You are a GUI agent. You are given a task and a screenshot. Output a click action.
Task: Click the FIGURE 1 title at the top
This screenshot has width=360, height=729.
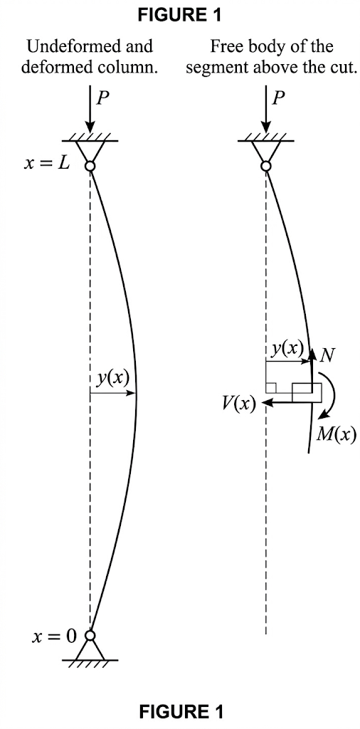coord(179,15)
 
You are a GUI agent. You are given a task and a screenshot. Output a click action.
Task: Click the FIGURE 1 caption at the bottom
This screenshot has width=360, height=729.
coord(181,711)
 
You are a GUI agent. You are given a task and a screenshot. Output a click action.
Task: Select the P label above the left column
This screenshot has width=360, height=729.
coord(104,98)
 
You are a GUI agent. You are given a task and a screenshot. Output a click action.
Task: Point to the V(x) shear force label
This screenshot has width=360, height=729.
coord(238,404)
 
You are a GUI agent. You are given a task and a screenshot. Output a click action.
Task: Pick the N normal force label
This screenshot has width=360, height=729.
coord(327,354)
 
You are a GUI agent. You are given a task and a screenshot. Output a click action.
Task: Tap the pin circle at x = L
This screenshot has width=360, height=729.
coord(90,166)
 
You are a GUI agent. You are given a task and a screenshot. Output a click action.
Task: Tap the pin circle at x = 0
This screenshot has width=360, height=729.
coord(90,635)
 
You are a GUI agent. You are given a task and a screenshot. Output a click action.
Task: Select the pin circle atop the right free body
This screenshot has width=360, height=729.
coord(265,166)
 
